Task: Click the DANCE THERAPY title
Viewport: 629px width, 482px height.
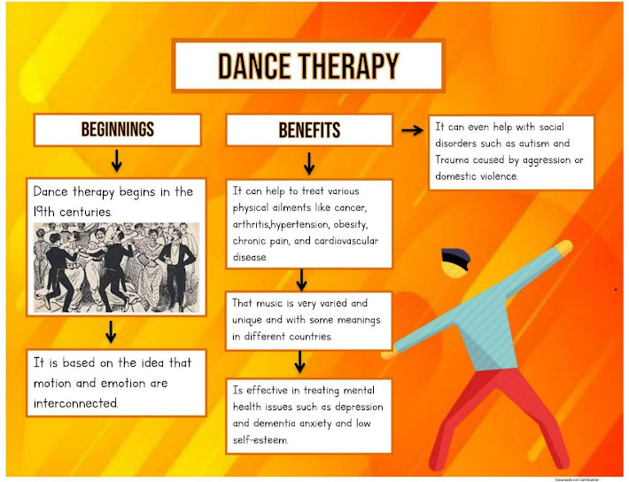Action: [307, 66]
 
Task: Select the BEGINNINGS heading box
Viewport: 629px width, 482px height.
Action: [118, 129]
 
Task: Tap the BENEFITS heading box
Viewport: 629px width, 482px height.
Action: [309, 130]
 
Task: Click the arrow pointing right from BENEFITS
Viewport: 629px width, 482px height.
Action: [411, 130]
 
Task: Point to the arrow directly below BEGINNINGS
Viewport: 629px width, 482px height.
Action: [117, 161]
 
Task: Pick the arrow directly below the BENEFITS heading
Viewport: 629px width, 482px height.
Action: [309, 162]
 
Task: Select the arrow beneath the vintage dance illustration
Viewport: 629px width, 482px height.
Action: [111, 331]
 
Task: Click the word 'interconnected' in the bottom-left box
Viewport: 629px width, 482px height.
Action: [74, 402]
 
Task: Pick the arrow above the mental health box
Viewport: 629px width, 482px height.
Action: [301, 361]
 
